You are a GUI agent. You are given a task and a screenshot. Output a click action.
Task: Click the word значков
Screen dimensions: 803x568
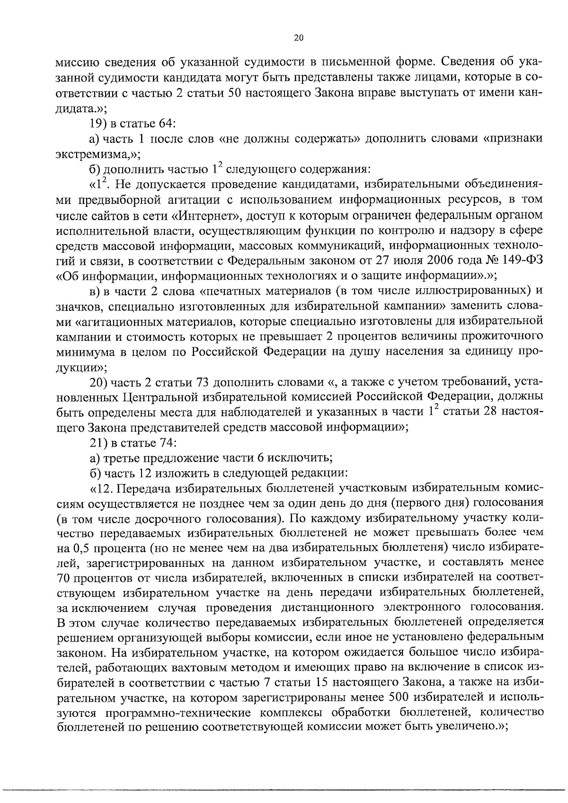(79, 306)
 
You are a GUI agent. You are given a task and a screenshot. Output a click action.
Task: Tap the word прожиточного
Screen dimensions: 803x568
(502, 336)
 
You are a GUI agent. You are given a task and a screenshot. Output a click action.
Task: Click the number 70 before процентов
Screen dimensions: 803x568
(64, 578)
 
